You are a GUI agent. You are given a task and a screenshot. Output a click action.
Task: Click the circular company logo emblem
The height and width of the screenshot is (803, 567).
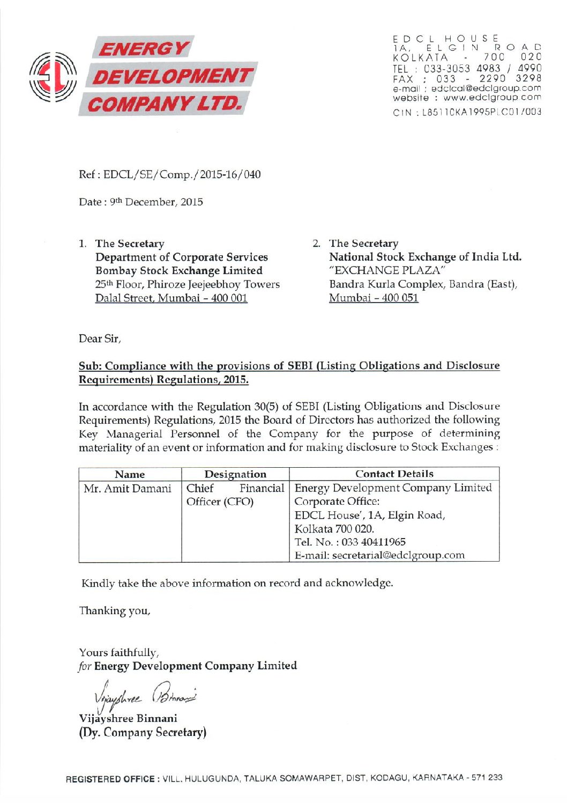pos(53,77)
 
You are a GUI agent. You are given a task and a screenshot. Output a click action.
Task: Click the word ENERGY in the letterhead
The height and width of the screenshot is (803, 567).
pos(144,49)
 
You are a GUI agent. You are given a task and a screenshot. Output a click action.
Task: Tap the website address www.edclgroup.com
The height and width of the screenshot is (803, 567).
pos(492,98)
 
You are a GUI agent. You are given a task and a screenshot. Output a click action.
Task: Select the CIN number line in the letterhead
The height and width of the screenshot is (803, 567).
pos(467,112)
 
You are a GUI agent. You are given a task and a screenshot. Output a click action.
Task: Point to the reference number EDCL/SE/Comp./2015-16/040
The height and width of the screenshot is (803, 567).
pos(182,174)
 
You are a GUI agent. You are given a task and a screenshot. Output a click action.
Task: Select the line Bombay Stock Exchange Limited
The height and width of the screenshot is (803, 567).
pos(179,271)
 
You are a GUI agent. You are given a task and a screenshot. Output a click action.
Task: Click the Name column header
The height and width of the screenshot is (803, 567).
pos(130,474)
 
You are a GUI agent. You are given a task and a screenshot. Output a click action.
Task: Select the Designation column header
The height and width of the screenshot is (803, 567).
pos(235,474)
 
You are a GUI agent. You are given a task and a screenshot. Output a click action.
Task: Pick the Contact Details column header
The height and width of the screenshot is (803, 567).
pos(394,474)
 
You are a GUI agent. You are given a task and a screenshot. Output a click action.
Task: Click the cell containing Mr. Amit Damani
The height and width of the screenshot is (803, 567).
pos(128,488)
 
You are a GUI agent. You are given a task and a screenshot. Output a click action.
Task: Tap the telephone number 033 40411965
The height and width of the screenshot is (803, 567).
pos(374,542)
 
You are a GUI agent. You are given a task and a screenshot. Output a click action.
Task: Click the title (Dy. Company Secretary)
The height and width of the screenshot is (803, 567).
pos(143,733)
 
